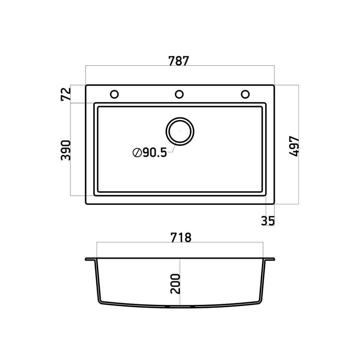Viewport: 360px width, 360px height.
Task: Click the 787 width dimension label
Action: (179, 61)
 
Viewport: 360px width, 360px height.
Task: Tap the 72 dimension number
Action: (66, 94)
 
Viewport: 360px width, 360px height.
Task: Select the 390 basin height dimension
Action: (66, 150)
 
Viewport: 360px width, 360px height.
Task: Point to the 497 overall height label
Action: (294, 146)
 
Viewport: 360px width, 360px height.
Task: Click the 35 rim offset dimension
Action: (268, 221)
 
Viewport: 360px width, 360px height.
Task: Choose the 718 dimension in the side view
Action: (181, 238)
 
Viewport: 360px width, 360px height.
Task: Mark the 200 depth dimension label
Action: (175, 284)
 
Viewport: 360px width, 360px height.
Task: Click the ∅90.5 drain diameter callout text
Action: (150, 153)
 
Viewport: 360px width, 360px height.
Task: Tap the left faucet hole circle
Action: (114, 94)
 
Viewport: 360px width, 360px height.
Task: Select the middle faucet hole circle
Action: (179, 94)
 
